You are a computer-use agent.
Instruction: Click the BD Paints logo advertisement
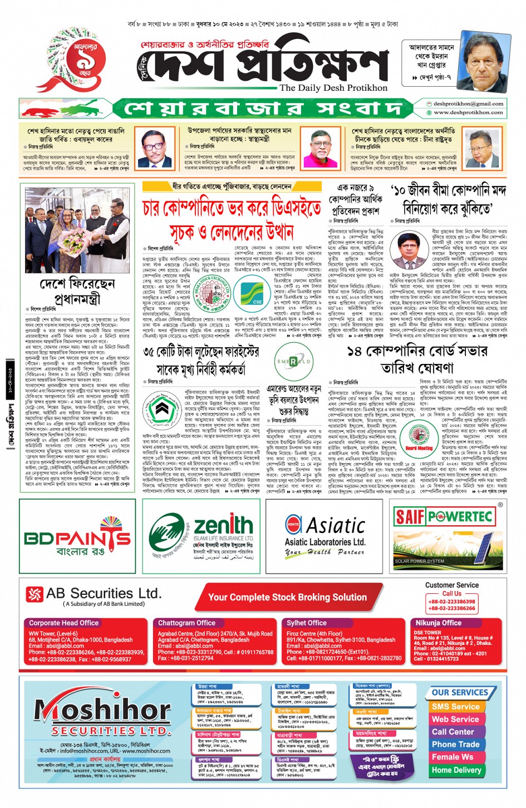(x=77, y=537)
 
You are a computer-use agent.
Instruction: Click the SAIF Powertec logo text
(x=444, y=517)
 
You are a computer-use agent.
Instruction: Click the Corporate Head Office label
(x=63, y=623)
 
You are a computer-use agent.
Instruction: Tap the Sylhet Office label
(x=307, y=623)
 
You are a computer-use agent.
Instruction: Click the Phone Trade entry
(x=455, y=744)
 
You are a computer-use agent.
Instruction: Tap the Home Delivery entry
(x=456, y=770)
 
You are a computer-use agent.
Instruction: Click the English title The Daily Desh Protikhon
(x=333, y=87)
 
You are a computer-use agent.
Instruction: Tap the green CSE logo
(x=252, y=293)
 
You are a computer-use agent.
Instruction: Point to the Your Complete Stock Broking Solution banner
(x=287, y=597)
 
